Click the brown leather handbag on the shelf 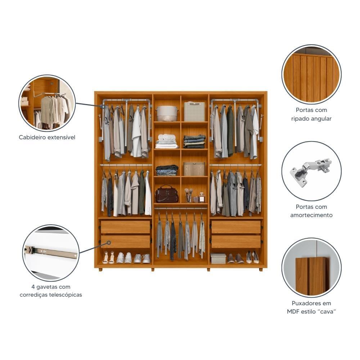[x=166, y=195]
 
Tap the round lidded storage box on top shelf [x=167, y=113]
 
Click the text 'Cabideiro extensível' [x=47, y=138]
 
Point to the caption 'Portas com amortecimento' [x=311, y=211]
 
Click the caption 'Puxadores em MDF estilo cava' [x=311, y=307]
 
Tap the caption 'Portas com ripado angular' [x=311, y=114]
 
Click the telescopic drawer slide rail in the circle [x=51, y=252]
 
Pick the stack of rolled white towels [x=166, y=141]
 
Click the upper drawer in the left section [x=125, y=227]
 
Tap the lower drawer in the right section [x=236, y=242]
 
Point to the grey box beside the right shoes [x=218, y=258]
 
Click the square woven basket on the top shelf [x=194, y=111]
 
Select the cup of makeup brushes [x=188, y=196]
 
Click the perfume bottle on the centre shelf [x=202, y=197]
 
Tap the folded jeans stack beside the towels [x=194, y=141]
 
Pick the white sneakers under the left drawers [x=124, y=258]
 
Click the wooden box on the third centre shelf [x=194, y=169]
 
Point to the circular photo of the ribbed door [x=311, y=75]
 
